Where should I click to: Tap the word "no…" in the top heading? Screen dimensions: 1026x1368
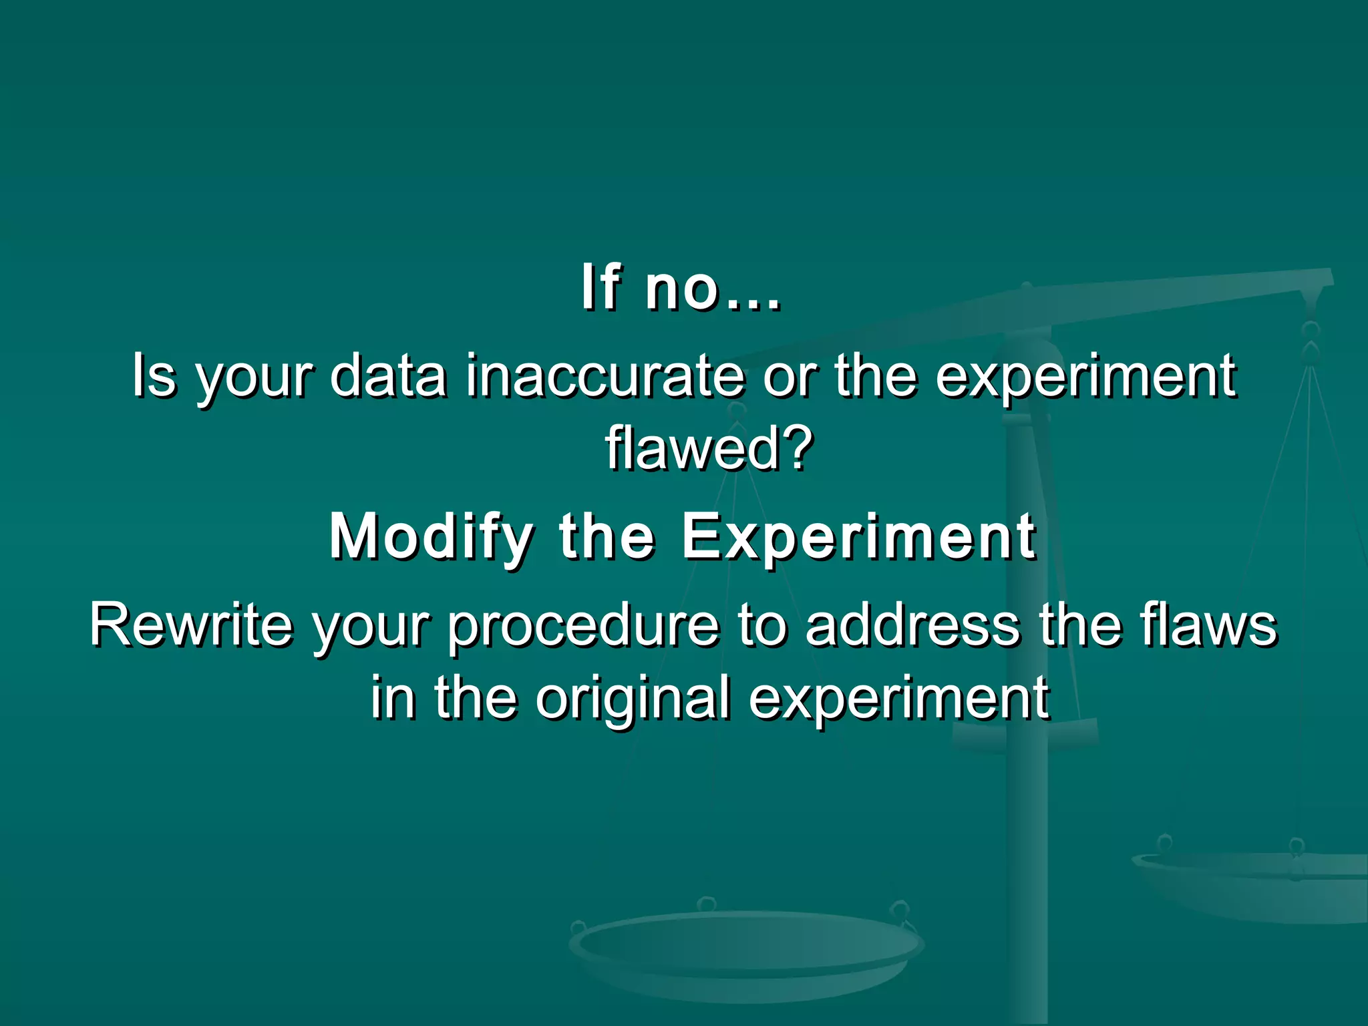point(713,289)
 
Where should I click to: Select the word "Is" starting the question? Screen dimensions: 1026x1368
point(154,375)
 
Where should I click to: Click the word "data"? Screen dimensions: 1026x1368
point(388,375)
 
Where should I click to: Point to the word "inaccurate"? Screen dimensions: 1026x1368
point(605,375)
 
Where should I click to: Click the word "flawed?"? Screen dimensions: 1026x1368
point(709,448)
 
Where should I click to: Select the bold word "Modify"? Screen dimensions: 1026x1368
point(432,538)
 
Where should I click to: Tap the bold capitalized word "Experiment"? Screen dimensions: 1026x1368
point(858,538)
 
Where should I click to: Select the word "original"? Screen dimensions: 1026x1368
point(632,699)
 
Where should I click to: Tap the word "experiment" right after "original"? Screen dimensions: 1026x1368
point(898,699)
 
